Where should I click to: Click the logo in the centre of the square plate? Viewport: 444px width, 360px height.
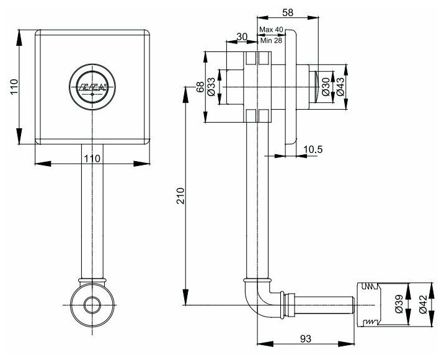pos(92,86)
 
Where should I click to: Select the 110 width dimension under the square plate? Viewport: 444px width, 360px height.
pos(92,158)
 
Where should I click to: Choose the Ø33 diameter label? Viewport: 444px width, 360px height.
pos(211,87)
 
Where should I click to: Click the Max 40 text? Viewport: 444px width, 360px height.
pos(270,30)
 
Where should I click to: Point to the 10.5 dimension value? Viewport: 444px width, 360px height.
pos(313,149)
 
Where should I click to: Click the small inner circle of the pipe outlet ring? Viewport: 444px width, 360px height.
pos(93,305)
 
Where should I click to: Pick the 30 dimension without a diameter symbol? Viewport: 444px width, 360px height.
pos(242,37)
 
